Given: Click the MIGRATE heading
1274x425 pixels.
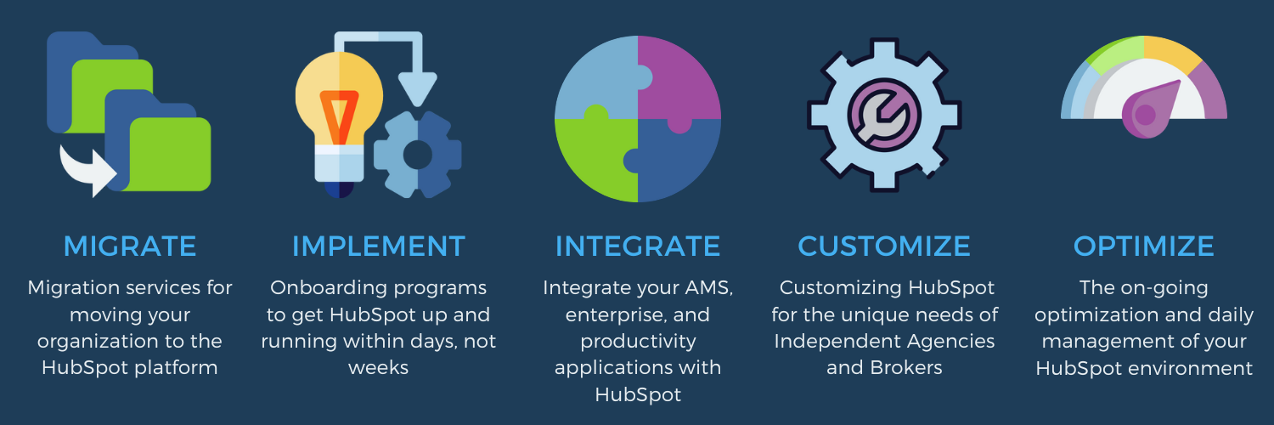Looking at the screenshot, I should (x=130, y=246).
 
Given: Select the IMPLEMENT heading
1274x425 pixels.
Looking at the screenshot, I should (x=379, y=246).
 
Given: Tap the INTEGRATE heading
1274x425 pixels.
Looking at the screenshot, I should (x=638, y=246).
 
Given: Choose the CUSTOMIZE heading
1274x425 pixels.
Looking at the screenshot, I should (x=884, y=246).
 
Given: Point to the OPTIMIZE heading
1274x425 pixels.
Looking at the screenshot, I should (x=1144, y=246).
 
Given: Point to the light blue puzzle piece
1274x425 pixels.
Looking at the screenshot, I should (x=595, y=76).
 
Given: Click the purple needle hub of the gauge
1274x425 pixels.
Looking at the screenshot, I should (x=1145, y=116).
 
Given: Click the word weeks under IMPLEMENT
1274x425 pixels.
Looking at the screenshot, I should (x=379, y=368).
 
